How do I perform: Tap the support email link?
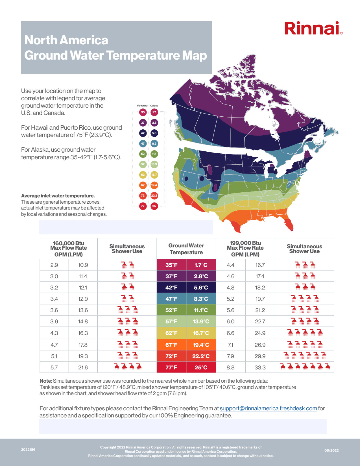click(x=268, y=408)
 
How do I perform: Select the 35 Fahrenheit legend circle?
click(x=143, y=112)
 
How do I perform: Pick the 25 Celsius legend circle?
click(x=154, y=206)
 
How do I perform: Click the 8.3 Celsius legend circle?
click(x=154, y=143)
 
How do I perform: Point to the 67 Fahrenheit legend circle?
click(x=143, y=185)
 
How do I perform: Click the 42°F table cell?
click(x=171, y=288)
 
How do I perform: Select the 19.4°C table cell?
click(x=201, y=345)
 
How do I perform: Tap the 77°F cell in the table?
click(x=171, y=367)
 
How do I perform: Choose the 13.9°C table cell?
click(x=201, y=321)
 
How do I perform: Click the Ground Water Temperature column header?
click(x=186, y=249)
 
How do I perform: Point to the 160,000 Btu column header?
click(x=69, y=249)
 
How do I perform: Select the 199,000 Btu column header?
click(x=245, y=249)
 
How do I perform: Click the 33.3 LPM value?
click(x=260, y=367)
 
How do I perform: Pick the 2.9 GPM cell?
click(x=54, y=265)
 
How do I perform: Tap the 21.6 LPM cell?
click(x=83, y=367)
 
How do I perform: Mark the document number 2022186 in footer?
click(x=28, y=450)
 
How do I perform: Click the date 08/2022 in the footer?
click(x=331, y=450)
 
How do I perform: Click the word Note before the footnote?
click(x=46, y=381)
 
